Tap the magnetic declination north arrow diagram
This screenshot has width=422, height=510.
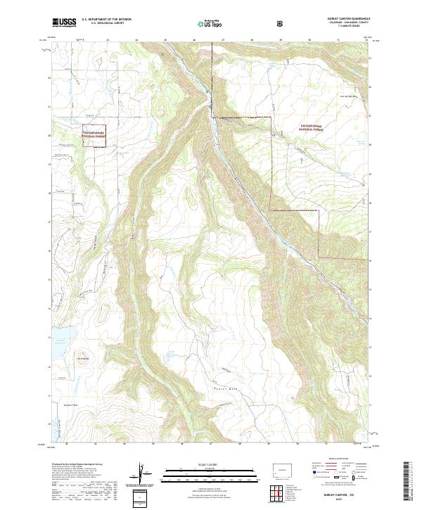pos(143,472)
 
